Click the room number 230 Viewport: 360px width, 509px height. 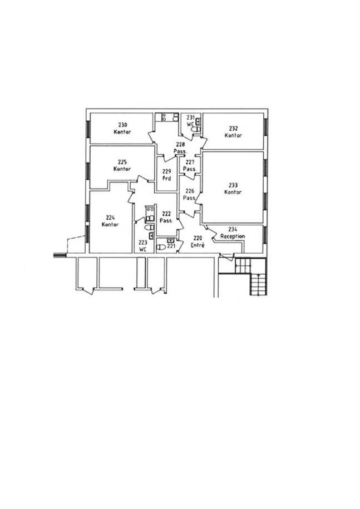pyautogui.click(x=122, y=125)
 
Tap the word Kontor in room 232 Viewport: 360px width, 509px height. pyautogui.click(x=233, y=135)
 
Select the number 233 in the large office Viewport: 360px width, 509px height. pyautogui.click(x=233, y=185)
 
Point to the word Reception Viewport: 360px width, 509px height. pyautogui.click(x=233, y=236)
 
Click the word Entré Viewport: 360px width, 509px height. pyautogui.click(x=198, y=245)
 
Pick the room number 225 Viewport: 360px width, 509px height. pyautogui.click(x=122, y=162)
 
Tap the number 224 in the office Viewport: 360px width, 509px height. pyautogui.click(x=110, y=218)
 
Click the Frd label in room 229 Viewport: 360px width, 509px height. pyautogui.click(x=166, y=179)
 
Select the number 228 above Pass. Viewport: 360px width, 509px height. pyautogui.click(x=180, y=145)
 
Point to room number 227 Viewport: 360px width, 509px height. pyautogui.click(x=190, y=162)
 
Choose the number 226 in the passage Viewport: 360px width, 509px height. pyautogui.click(x=190, y=191)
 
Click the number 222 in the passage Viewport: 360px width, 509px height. pyautogui.click(x=166, y=214)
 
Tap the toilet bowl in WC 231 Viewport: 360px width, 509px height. pyautogui.click(x=195, y=130)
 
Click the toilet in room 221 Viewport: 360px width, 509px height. pyautogui.click(x=161, y=247)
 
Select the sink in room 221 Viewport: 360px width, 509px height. pyautogui.click(x=170, y=240)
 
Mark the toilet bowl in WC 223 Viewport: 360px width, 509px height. pyautogui.click(x=149, y=227)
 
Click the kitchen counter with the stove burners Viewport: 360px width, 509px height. pyautogui.click(x=167, y=117)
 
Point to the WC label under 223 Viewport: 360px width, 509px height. pyautogui.click(x=143, y=249)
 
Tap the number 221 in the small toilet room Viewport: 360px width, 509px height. pyautogui.click(x=171, y=246)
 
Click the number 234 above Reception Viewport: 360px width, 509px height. pyautogui.click(x=233, y=229)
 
